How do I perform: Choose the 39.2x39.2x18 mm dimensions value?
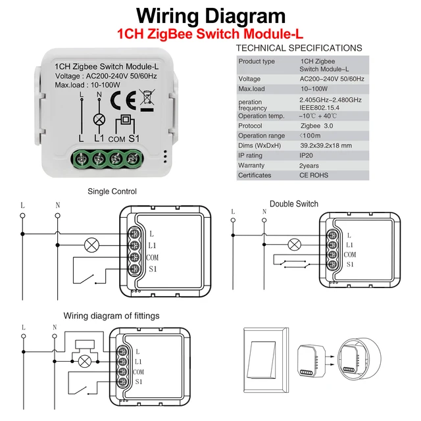pyautogui.click(x=326, y=145)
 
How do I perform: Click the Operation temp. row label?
pyautogui.click(x=261, y=116)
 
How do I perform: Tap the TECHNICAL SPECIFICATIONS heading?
pyautogui.click(x=299, y=48)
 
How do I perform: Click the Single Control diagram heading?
pyautogui.click(x=112, y=191)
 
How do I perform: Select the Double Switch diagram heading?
pyautogui.click(x=293, y=204)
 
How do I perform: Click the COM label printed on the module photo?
pyautogui.click(x=117, y=139)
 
